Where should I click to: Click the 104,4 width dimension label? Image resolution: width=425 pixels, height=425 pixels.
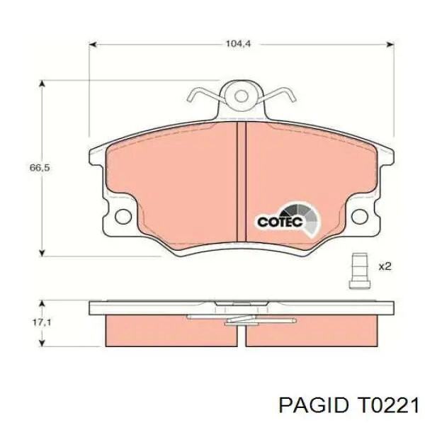(x=238, y=44)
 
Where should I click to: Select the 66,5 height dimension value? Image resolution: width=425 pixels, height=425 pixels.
(x=40, y=168)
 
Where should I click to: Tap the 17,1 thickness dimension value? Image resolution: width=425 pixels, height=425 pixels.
(x=42, y=322)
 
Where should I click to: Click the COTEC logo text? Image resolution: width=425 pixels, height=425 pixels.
(x=280, y=222)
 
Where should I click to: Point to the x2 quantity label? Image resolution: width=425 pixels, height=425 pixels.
(x=385, y=266)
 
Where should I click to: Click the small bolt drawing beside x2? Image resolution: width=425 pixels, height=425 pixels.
(x=359, y=271)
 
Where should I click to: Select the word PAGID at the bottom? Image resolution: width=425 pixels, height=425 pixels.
(x=313, y=406)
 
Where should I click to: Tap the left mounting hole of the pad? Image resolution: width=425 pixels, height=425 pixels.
(x=123, y=216)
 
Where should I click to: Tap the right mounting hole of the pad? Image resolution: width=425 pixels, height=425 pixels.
(x=360, y=216)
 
